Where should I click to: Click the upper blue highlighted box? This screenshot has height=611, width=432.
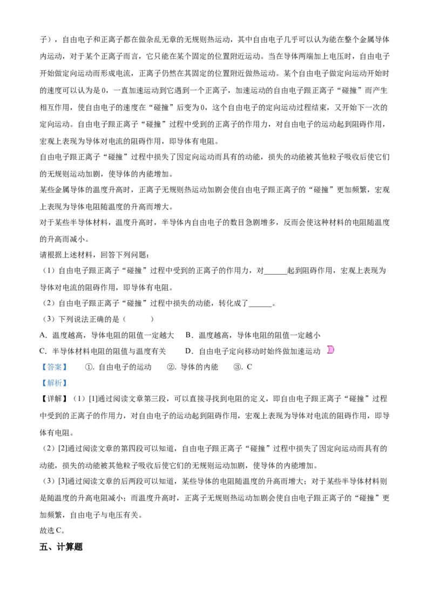click(x=54, y=367)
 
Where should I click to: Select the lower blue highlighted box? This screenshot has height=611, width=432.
click(x=54, y=383)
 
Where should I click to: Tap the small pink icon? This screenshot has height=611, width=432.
click(x=330, y=349)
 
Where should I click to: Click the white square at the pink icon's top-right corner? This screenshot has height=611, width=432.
click(x=335, y=343)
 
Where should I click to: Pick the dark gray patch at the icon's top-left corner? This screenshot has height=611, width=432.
click(x=326, y=343)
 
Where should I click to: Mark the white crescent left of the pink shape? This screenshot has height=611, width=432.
click(x=327, y=349)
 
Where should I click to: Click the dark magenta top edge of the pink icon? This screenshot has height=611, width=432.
click(x=330, y=345)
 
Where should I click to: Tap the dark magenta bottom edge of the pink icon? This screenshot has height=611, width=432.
click(x=330, y=353)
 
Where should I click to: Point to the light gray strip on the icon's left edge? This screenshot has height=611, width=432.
click(x=325, y=349)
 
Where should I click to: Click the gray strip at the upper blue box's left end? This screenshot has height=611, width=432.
click(x=40, y=367)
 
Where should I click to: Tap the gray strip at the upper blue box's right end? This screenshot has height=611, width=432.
click(x=67, y=367)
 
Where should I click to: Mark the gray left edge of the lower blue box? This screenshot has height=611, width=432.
click(x=40, y=383)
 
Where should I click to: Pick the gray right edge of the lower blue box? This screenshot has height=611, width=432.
click(x=67, y=383)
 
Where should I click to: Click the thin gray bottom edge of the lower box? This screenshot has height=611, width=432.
click(x=54, y=388)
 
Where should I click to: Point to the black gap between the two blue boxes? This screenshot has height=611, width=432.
click(x=54, y=374)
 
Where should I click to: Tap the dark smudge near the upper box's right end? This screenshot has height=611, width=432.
click(x=63, y=367)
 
